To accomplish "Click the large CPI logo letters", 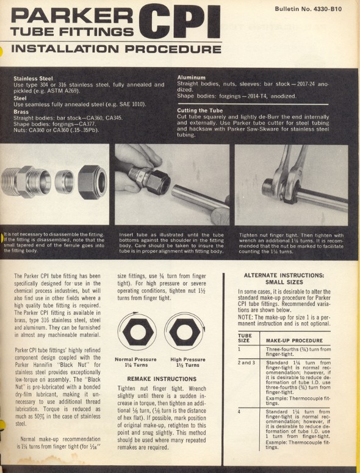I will pos(178,22).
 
